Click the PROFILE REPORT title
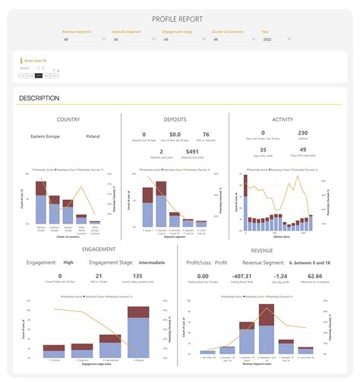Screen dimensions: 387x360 click(179, 19)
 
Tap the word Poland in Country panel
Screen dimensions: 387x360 click(93, 138)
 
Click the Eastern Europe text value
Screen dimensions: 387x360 click(46, 138)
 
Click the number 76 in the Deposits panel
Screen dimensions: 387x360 click(206, 133)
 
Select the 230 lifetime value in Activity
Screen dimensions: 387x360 click(302, 133)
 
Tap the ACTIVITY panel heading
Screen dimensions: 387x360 click(282, 119)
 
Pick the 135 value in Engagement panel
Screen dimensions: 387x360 click(137, 276)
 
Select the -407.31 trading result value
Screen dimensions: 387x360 click(242, 276)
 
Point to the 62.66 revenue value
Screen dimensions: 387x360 click(314, 276)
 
